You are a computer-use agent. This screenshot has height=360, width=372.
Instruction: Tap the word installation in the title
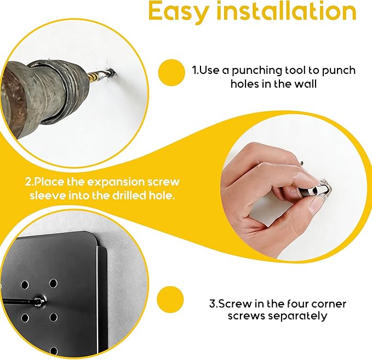287,10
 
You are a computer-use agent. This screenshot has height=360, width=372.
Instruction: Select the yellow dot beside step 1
171,73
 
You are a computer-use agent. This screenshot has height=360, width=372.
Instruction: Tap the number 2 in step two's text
28,182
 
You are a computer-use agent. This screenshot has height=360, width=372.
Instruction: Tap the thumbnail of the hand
317,204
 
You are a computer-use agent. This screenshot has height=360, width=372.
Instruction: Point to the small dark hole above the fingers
302,163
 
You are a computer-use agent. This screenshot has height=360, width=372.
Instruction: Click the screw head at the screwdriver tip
38,301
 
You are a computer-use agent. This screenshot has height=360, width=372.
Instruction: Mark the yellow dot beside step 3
170,299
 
